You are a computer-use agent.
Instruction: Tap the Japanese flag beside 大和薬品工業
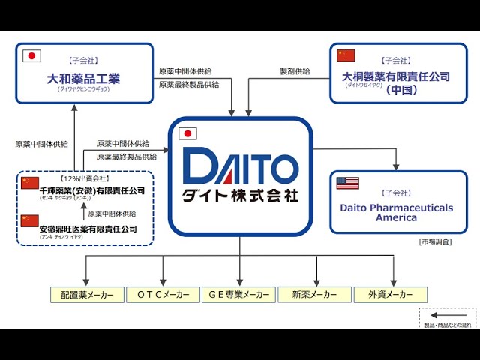(31, 56)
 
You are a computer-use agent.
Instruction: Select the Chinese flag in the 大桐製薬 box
(346, 55)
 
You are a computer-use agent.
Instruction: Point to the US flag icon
(347, 183)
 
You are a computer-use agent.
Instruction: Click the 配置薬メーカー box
(87, 295)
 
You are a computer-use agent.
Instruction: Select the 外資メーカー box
(390, 295)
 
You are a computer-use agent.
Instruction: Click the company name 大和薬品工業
(84, 77)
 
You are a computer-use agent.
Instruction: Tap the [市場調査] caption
(435, 241)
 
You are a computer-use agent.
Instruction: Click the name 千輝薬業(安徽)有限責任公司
(92, 191)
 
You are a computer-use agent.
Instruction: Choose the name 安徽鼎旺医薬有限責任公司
(88, 229)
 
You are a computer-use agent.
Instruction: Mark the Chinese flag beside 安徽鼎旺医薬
(29, 220)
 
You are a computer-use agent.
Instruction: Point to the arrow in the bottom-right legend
(448, 316)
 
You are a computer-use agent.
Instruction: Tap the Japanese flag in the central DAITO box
(188, 134)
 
